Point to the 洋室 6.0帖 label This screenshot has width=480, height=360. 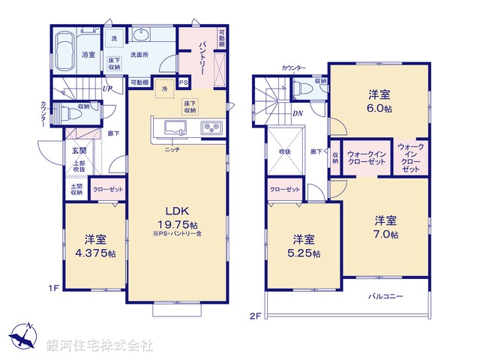tap(378, 100)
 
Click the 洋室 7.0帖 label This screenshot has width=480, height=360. tap(386, 228)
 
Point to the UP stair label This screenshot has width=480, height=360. tap(108, 89)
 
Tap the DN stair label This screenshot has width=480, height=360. tap(298, 114)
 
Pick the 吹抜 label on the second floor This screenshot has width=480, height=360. tap(285, 151)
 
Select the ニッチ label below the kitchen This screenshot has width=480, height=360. tap(172, 148)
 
